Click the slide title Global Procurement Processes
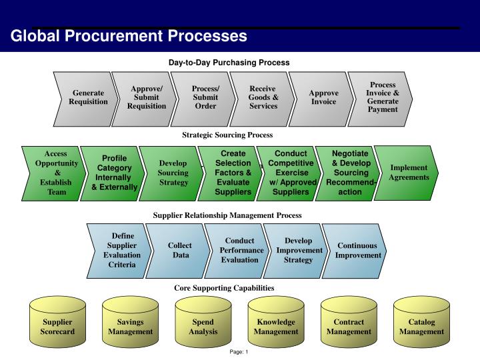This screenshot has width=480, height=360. (x=129, y=35)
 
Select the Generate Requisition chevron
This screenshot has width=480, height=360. (x=88, y=97)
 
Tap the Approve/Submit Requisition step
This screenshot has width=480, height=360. (x=147, y=97)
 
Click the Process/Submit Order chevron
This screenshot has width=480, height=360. (x=205, y=97)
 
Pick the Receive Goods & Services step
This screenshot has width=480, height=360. (x=263, y=97)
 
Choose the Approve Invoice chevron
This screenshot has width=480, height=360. (x=323, y=97)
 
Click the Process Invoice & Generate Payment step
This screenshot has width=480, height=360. (x=383, y=97)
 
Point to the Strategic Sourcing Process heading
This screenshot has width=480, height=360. (x=227, y=135)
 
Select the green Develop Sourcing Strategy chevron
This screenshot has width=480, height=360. (x=173, y=173)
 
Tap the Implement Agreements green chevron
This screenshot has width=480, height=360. (x=409, y=173)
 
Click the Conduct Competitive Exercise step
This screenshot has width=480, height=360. (x=291, y=173)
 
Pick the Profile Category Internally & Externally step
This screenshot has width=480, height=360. (x=114, y=173)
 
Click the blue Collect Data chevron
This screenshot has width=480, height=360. (x=179, y=250)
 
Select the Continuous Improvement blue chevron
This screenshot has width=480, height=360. (x=357, y=250)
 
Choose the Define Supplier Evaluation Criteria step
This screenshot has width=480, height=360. (x=122, y=250)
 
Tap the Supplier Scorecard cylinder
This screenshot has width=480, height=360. (x=57, y=327)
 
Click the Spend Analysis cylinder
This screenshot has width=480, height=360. (x=203, y=327)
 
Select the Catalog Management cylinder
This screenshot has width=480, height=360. (x=421, y=327)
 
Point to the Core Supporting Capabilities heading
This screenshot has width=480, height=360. (x=224, y=288)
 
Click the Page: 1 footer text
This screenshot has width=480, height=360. (x=239, y=352)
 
